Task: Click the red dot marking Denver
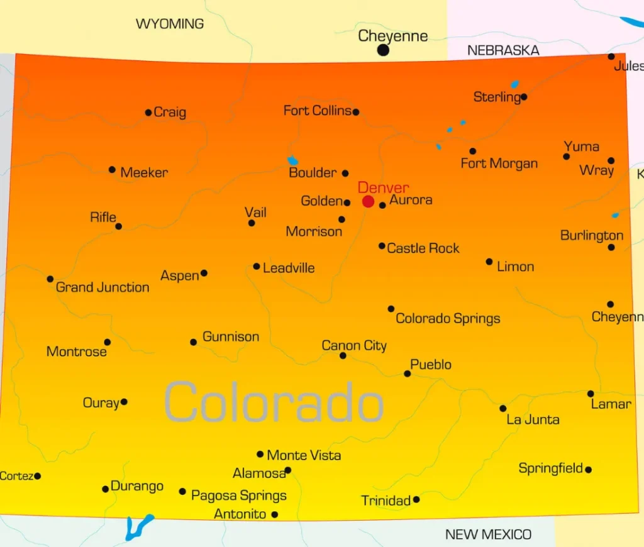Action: click(x=368, y=201)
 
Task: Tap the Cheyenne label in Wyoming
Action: click(x=392, y=36)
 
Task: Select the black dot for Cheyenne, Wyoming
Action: click(x=383, y=50)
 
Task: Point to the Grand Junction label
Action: click(x=103, y=287)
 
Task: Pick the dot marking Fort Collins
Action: click(x=356, y=112)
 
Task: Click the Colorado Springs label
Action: click(x=448, y=319)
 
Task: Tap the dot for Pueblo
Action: click(x=408, y=373)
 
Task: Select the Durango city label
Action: click(x=137, y=486)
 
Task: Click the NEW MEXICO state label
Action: click(x=488, y=534)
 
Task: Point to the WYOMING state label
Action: click(x=170, y=24)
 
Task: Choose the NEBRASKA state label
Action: click(x=503, y=50)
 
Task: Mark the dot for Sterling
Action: click(x=524, y=97)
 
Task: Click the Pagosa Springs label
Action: click(x=239, y=495)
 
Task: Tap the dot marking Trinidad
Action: click(x=416, y=499)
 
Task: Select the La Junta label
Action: click(x=533, y=419)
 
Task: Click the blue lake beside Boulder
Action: click(x=292, y=161)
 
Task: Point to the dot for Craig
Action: click(x=148, y=113)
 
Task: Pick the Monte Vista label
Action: click(x=304, y=455)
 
